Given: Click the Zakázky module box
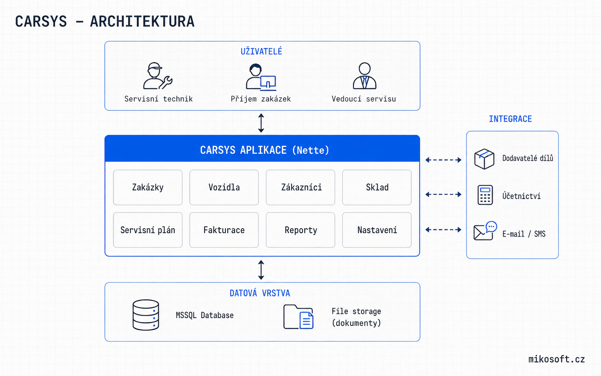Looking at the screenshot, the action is pos(148,187).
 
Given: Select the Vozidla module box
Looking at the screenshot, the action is pos(224,187).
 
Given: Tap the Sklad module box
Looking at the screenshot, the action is pos(377,187).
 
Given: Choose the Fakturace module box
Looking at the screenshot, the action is pos(224,230).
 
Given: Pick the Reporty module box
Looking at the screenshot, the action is pos(300,230).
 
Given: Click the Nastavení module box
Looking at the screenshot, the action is pos(377,230).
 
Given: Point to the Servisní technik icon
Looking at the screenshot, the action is pos(158,76).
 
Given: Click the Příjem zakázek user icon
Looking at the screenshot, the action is pos(261,77).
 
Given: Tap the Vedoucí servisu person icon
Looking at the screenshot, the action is pos(365,76).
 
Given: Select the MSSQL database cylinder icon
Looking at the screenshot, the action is pos(146,315).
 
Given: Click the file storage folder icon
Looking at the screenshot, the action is pos(298,317).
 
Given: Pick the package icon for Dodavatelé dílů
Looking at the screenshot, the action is pos(484,159).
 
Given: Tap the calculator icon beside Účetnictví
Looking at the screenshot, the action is pos(485,195).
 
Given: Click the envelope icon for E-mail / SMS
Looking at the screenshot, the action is pos(485,231).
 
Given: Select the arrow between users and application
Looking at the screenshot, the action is pos(261,123).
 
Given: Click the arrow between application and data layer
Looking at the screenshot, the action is pos(261,270).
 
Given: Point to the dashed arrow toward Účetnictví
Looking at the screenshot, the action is pos(443,194).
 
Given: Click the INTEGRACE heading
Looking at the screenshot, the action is pos(510,119).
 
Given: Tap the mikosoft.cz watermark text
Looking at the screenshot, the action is pos(556,359).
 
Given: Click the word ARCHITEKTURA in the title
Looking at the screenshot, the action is pos(142,22).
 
